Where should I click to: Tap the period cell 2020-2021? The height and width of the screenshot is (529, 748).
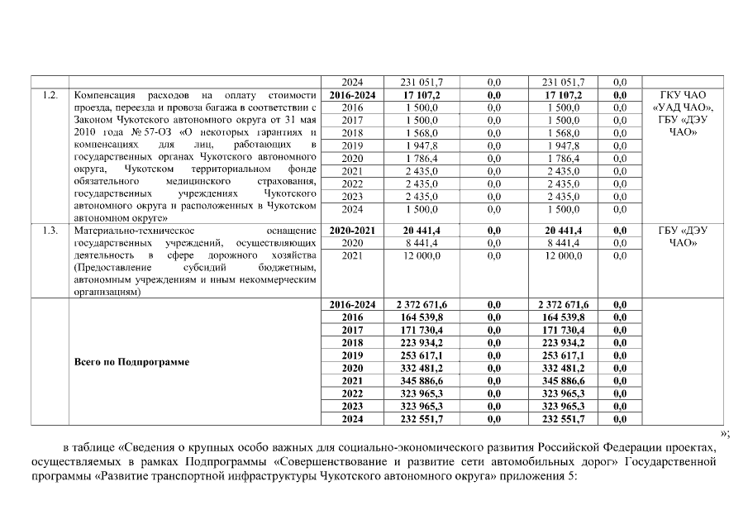[x=352, y=230]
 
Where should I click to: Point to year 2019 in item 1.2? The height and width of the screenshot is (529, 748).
[x=352, y=145]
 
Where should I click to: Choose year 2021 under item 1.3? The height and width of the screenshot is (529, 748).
[x=352, y=255]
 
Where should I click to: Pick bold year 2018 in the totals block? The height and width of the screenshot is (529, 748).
[x=352, y=342]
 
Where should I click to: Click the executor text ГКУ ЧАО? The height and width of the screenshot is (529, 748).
[x=680, y=96]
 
